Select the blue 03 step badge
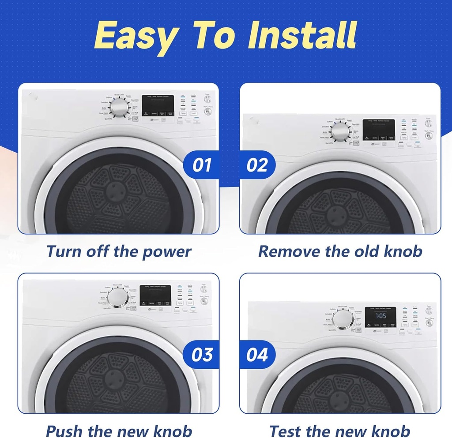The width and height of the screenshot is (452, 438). coord(202,355)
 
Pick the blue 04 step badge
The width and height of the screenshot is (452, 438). coord(257,355)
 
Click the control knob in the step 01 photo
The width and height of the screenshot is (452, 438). coord(118,107)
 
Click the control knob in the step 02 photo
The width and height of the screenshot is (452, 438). coord(339,131)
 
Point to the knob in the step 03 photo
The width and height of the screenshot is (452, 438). coord(118,298)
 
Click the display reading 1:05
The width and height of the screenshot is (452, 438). coord(380,316)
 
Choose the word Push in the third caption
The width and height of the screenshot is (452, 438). coord(64,431)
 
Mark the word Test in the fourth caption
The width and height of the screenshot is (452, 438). coord(286,431)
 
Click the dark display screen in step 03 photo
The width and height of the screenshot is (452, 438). coord(155,296)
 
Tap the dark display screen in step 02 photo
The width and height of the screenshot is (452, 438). coord(379,131)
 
